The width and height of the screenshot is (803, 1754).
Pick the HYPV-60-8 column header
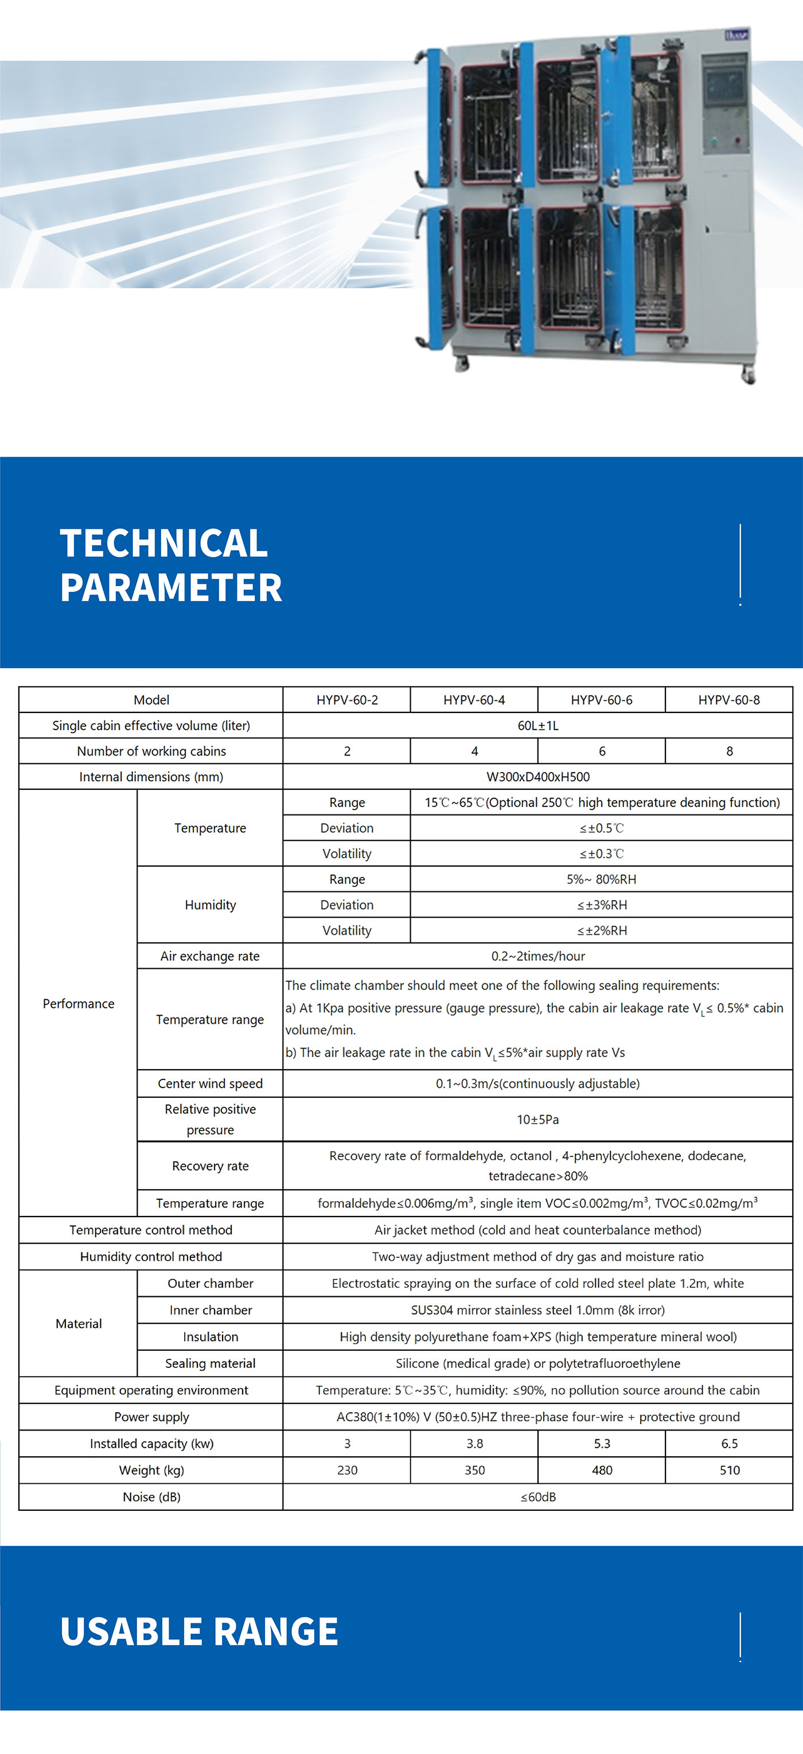(x=729, y=700)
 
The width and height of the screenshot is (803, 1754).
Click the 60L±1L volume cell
(x=537, y=726)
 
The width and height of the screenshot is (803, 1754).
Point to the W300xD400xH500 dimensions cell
(x=537, y=777)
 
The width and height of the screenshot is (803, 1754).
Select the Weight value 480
(x=602, y=1470)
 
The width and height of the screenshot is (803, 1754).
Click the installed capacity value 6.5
(x=729, y=1444)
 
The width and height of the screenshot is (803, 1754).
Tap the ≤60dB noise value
(x=537, y=1496)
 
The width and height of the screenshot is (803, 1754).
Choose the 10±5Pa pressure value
(x=537, y=1120)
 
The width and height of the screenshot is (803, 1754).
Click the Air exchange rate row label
(x=210, y=956)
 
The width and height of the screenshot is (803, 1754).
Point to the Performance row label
(x=79, y=1004)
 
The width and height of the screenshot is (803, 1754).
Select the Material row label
(x=79, y=1324)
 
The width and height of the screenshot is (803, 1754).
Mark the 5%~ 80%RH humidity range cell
(x=602, y=879)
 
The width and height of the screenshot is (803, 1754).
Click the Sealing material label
(x=210, y=1363)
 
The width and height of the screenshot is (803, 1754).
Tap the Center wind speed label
(x=210, y=1083)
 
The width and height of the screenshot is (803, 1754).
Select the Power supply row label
(x=151, y=1417)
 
